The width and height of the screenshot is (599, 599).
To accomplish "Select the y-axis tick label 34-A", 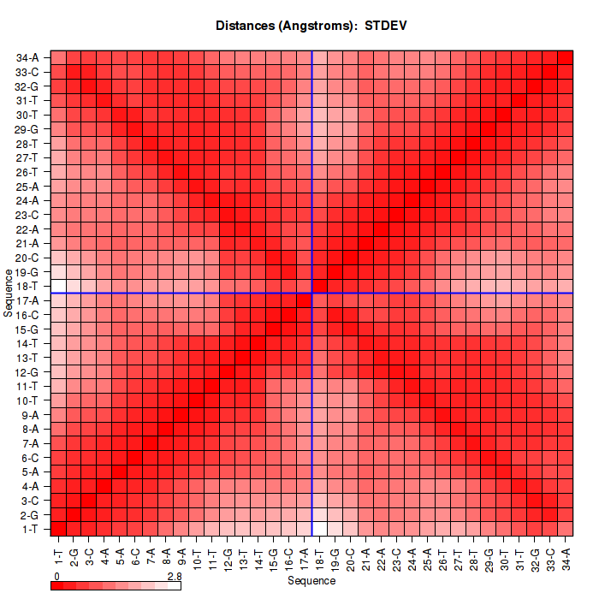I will click(27, 58).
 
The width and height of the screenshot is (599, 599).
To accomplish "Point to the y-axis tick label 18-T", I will click(27, 286).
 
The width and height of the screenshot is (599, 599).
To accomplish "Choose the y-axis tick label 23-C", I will click(27, 215).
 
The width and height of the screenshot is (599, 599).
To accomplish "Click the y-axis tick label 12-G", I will click(27, 371).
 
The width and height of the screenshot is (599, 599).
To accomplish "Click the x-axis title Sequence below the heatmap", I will click(311, 581).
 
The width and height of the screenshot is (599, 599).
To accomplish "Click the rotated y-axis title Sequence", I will click(8, 293).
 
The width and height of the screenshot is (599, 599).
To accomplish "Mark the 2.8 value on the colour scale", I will click(174, 577).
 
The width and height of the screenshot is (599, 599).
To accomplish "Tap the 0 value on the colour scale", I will click(56, 577).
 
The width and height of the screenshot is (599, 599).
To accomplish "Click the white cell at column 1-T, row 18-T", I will click(59, 286).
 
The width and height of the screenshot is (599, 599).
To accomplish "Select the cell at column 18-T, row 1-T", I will click(320, 528).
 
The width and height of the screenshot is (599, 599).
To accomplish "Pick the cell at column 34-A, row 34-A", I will click(566, 58).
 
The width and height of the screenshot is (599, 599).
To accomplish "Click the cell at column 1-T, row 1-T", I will click(59, 528).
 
